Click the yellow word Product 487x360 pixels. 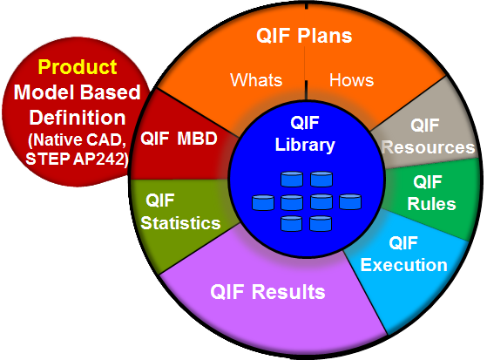[x=78, y=67]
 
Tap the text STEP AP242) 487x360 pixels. [x=77, y=160]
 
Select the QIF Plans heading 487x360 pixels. [x=304, y=36]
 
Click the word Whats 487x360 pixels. [x=256, y=80]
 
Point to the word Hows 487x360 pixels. [x=351, y=80]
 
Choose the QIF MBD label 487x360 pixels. [x=179, y=139]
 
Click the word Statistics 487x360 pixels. [x=180, y=223]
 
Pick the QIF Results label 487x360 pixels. [x=267, y=292]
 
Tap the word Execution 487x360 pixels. [x=403, y=265]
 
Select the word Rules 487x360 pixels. [x=431, y=204]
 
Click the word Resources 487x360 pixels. [x=429, y=147]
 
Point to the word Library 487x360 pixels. [x=305, y=145]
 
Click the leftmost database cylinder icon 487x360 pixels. [x=263, y=203]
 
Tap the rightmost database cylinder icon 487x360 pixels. [x=350, y=201]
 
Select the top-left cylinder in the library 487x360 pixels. [x=292, y=179]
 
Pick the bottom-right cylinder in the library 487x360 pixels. [x=321, y=223]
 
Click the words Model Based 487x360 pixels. [x=78, y=92]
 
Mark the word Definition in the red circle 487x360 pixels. [x=78, y=118]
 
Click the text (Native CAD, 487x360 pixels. [x=78, y=139]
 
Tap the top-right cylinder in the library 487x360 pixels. [x=321, y=179]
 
